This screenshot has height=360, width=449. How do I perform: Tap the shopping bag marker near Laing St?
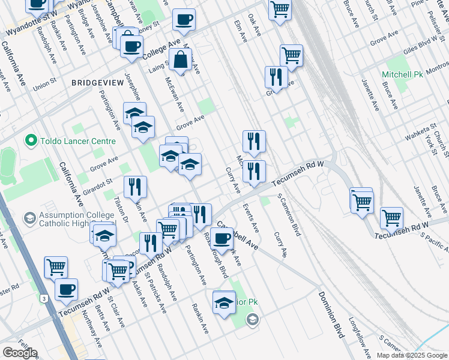(x=181, y=61)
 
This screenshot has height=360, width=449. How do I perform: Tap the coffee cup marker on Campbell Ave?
(x=221, y=238)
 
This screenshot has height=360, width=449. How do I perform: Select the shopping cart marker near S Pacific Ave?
(x=391, y=218)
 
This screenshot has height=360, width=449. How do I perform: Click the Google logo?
(x=19, y=353)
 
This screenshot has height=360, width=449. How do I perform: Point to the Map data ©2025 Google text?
(x=411, y=355)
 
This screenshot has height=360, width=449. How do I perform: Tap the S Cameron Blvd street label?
(x=289, y=214)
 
